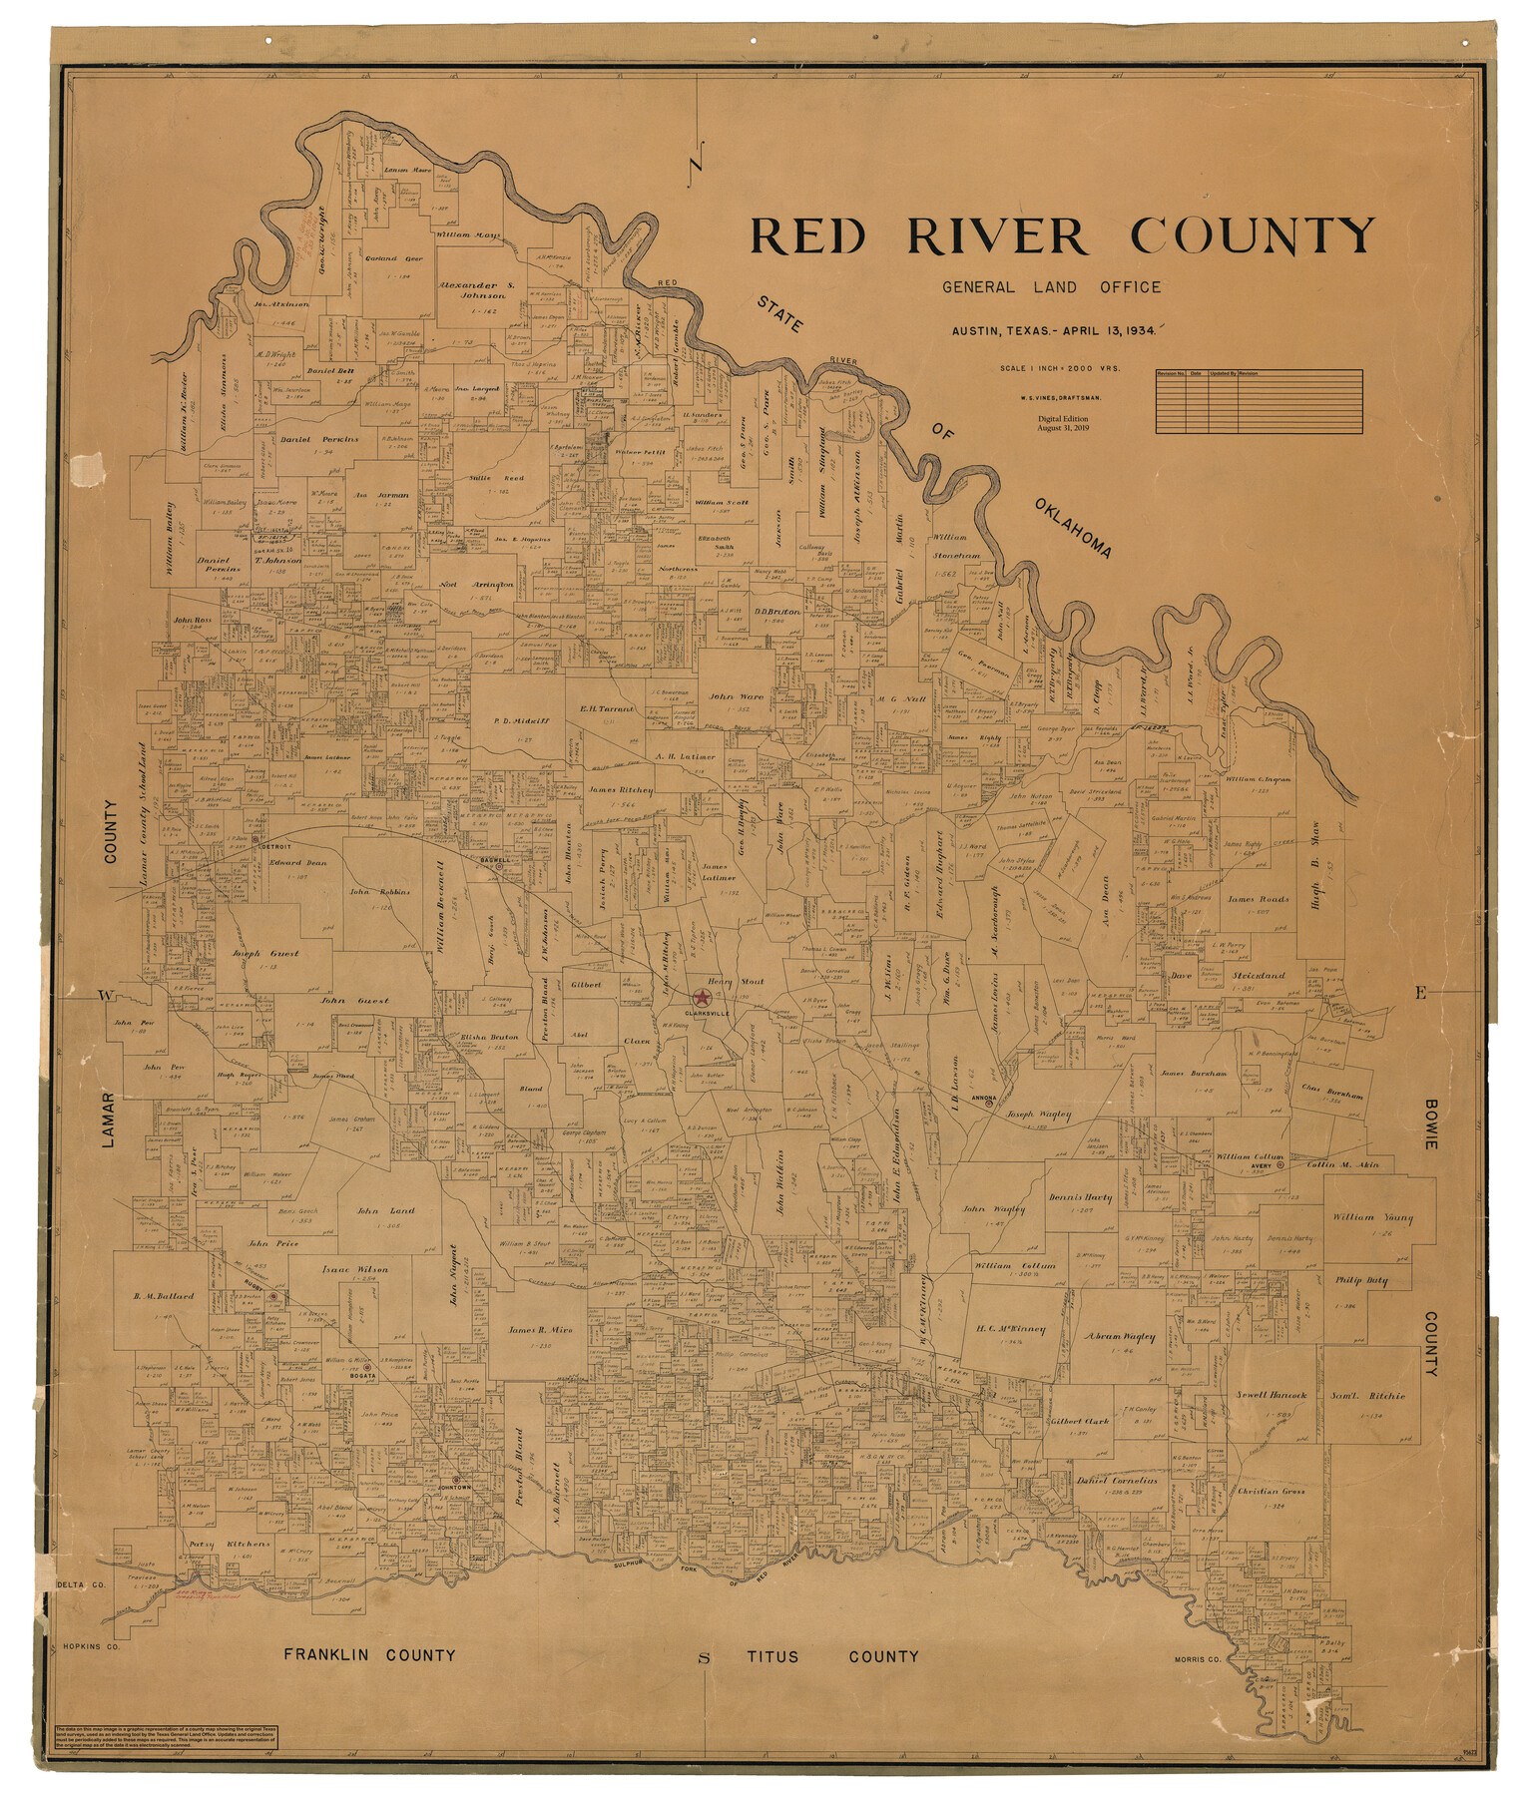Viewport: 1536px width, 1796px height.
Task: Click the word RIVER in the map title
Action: (x=996, y=237)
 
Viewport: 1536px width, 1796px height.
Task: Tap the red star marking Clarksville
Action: (x=703, y=998)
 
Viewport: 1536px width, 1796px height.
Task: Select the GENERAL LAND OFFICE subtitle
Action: (x=1052, y=287)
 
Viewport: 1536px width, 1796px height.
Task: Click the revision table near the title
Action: (x=1259, y=401)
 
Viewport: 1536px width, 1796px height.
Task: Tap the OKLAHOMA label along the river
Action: (x=1073, y=527)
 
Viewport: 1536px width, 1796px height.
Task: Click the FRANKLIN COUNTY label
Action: (x=369, y=1655)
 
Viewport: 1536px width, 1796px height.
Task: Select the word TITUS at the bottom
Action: (x=772, y=1657)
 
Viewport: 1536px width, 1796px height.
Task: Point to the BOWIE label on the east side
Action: (x=1429, y=1124)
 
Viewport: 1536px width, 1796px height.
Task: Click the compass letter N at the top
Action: (x=698, y=160)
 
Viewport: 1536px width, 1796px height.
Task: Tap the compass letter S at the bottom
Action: (x=704, y=1659)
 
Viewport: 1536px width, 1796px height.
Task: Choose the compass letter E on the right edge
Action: (x=1420, y=992)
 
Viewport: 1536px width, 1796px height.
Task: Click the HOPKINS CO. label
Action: (x=91, y=1647)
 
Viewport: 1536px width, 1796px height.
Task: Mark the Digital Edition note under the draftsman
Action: (x=1062, y=423)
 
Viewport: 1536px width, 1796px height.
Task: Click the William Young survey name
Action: (x=1372, y=1218)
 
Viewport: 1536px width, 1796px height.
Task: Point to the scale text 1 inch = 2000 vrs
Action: (x=1061, y=368)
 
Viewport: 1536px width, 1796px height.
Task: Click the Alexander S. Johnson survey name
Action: (x=476, y=289)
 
